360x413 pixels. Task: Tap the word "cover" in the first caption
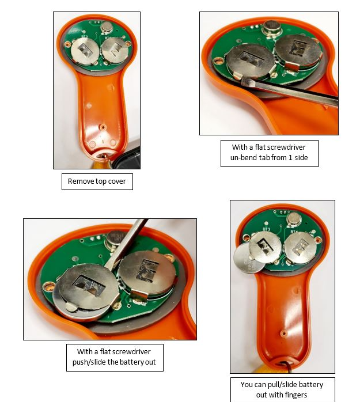[x=117, y=181]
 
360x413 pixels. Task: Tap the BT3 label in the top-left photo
[x=84, y=37]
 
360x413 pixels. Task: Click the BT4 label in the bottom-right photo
[x=294, y=232]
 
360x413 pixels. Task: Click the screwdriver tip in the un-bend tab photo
[x=244, y=82]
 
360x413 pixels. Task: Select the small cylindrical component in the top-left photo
[x=107, y=28]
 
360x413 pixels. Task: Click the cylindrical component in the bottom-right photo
[x=294, y=219]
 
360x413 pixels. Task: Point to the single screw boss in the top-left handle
[x=103, y=128]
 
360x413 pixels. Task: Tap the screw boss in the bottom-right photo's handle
[x=283, y=334]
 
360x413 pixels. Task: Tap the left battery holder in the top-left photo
[x=85, y=51]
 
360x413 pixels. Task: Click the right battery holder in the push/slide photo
[x=147, y=274]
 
